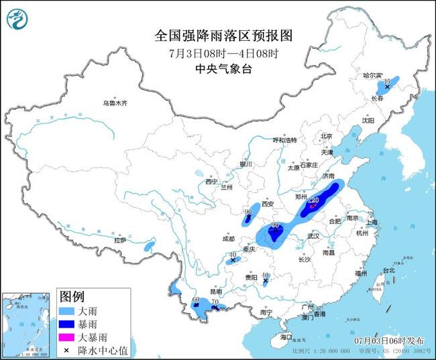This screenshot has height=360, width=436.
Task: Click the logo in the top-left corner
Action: (17, 18)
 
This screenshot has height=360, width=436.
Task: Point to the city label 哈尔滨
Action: (373, 76)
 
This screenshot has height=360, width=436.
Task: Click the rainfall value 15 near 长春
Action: (388, 80)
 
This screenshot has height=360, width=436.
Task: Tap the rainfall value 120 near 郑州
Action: (313, 200)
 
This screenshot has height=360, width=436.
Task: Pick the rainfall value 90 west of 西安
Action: (248, 212)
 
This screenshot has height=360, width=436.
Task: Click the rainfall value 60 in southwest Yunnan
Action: (196, 300)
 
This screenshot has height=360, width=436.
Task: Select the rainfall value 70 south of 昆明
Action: (215, 302)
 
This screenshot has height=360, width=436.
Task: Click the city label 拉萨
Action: (120, 240)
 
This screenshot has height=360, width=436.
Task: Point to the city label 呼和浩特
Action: (284, 140)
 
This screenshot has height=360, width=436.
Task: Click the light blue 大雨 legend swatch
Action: (67, 312)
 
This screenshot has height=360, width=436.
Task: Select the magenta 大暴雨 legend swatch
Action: (67, 338)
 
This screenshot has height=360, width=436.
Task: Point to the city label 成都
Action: (229, 239)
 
